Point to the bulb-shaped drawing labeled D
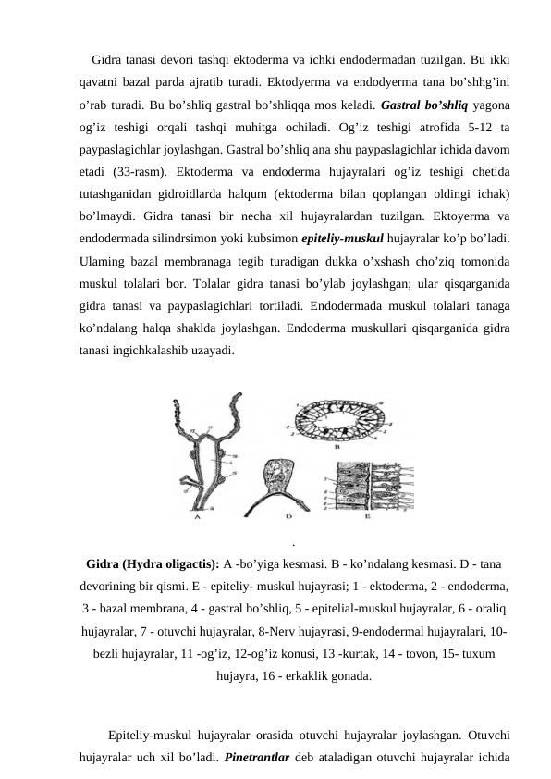click(280, 481)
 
